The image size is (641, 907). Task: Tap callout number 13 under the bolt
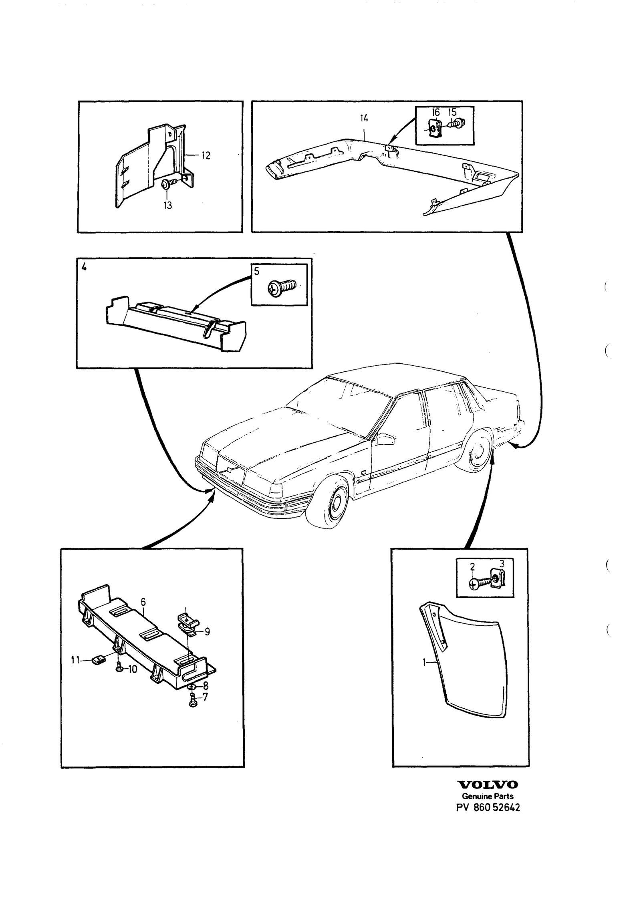167,206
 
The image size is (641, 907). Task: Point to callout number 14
364,118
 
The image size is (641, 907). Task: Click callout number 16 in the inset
436,113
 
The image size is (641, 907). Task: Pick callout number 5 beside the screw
257,271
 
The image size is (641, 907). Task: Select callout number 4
84,268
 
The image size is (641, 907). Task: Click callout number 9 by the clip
207,632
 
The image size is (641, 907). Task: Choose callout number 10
133,669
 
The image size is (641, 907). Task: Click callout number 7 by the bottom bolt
205,697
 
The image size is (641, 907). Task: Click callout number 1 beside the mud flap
423,663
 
